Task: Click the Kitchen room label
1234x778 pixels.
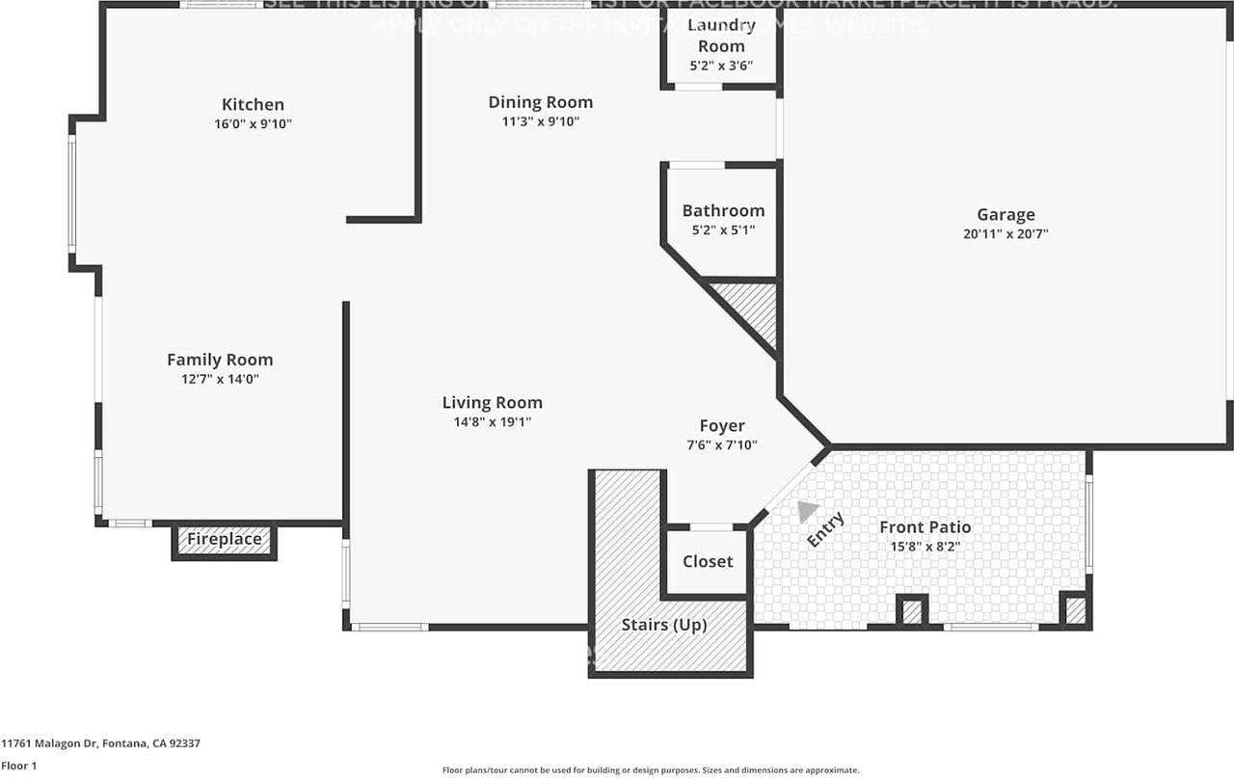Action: pos(253,104)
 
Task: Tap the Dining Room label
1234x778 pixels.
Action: pos(540,102)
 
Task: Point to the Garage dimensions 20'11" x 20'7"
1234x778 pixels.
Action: pos(1006,233)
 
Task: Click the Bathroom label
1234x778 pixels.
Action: pos(723,210)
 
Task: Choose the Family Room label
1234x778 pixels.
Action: pos(220,360)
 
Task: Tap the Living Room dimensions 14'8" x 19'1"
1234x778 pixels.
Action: pos(492,421)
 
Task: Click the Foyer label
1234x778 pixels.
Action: pos(722,426)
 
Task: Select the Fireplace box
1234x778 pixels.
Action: pos(225,540)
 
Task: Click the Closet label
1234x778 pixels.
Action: pos(708,561)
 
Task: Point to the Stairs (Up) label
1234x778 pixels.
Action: pos(664,625)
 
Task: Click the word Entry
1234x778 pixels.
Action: pos(825,530)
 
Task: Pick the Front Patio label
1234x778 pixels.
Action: pos(925,527)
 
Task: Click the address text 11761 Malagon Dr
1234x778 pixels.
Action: pos(100,743)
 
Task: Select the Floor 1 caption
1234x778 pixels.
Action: pos(18,765)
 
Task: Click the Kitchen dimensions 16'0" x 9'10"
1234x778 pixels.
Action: pos(253,123)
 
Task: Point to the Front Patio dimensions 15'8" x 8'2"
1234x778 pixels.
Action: pos(925,547)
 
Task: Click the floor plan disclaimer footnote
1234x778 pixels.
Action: pos(651,770)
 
